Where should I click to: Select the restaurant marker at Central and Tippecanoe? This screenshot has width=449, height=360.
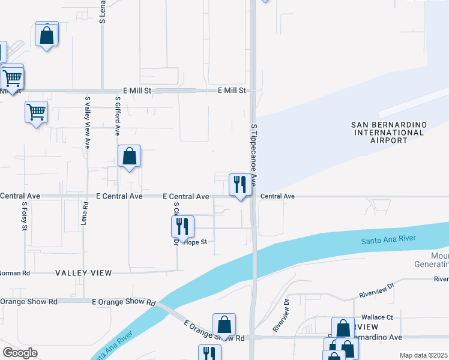coord(240,185)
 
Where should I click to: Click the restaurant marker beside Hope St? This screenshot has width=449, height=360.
coord(182,227)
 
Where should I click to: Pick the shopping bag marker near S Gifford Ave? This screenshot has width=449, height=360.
coord(129,157)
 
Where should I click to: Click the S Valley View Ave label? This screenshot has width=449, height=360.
coord(88,122)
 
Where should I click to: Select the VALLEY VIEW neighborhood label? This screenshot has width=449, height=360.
coord(83,273)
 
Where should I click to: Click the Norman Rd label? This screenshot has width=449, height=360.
coord(15,273)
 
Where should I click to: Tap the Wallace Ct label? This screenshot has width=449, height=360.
coord(376,317)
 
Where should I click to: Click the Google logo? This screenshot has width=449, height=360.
coord(20,353)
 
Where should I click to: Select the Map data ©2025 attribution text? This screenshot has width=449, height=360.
coord(423,355)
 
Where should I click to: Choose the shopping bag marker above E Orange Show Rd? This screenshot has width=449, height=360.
coord(224,325)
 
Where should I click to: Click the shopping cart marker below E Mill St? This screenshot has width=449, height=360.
coord(36,112)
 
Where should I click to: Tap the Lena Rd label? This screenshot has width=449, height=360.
coord(85,214)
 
